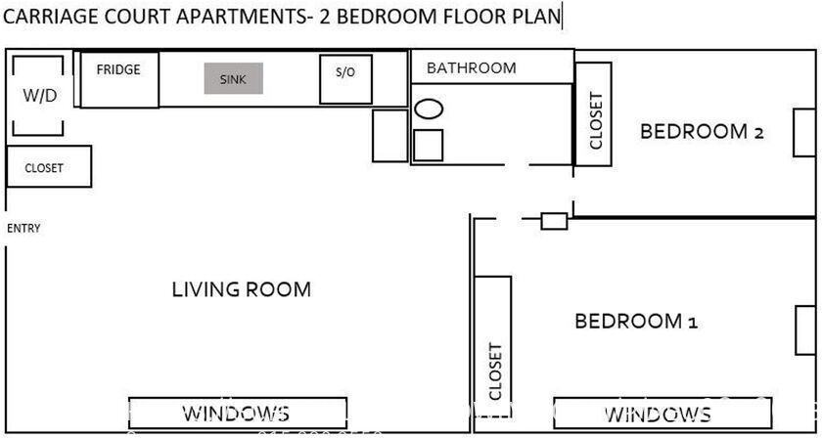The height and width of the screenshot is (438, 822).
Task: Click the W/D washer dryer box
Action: coord(38,96)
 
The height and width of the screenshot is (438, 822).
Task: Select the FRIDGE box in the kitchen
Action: coord(118,80)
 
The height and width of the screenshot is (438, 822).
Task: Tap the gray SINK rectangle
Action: coord(234,79)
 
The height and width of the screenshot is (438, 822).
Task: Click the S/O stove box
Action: coord(345,78)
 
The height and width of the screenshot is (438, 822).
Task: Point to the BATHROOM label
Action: coord(471,68)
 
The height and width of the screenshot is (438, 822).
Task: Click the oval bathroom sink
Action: coord(429,109)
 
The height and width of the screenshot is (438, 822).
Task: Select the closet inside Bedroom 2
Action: coord(593,119)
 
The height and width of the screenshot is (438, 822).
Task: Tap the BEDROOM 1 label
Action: coord(635,321)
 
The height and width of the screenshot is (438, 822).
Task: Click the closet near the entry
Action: coord(49,167)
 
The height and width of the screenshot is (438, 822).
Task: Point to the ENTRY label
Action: coord(23,229)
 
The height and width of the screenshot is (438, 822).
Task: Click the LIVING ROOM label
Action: coord(241,289)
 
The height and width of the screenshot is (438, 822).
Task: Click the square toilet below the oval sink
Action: coord(429,145)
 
